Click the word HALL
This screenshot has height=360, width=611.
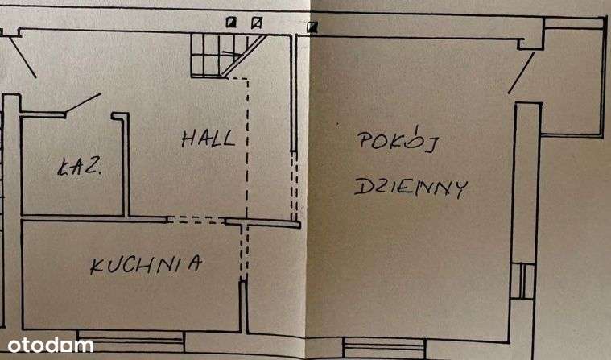(208, 138)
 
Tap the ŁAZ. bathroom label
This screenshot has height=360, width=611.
(79, 168)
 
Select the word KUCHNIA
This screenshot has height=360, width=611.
(145, 265)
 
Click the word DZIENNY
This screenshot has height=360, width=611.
(411, 188)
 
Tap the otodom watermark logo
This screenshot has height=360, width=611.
(47, 346)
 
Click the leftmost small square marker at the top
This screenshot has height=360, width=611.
(232, 23)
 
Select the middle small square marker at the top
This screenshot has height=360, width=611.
(256, 23)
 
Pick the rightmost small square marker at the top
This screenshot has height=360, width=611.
(312, 27)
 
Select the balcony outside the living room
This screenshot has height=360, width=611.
(572, 81)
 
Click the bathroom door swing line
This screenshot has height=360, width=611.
(83, 104)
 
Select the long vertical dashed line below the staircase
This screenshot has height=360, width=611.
(247, 145)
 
